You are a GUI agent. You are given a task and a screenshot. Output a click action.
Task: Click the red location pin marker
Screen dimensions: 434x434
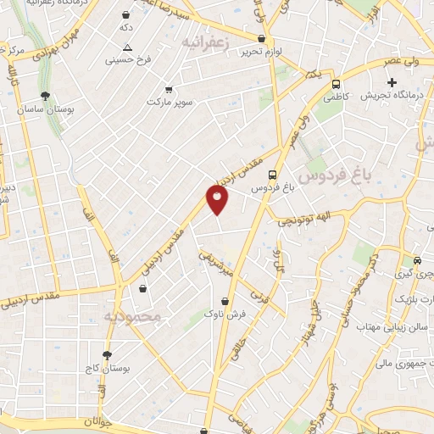pos(218,200)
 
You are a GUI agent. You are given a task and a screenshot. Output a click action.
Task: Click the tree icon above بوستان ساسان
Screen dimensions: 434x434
pos(44,96)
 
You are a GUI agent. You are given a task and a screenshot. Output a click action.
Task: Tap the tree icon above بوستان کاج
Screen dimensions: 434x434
pos(107,354)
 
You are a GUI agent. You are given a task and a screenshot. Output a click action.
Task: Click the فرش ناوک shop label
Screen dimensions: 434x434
pos(225,314)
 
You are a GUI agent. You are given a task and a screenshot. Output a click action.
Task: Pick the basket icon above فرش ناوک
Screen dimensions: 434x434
pos(225,300)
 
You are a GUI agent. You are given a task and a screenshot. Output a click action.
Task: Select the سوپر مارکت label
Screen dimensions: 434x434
pos(169,102)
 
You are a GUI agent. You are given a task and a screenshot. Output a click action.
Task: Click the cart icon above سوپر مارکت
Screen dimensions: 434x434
pos(169,88)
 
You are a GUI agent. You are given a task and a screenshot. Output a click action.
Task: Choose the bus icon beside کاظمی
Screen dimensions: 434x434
pos(337,84)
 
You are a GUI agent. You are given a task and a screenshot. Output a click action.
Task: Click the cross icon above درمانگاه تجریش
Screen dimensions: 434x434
pos(392,82)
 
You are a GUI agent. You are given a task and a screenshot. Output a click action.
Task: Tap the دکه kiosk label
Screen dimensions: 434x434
pos(125,28)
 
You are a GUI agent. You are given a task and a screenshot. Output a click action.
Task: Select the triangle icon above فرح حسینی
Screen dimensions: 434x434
pos(127,47)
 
